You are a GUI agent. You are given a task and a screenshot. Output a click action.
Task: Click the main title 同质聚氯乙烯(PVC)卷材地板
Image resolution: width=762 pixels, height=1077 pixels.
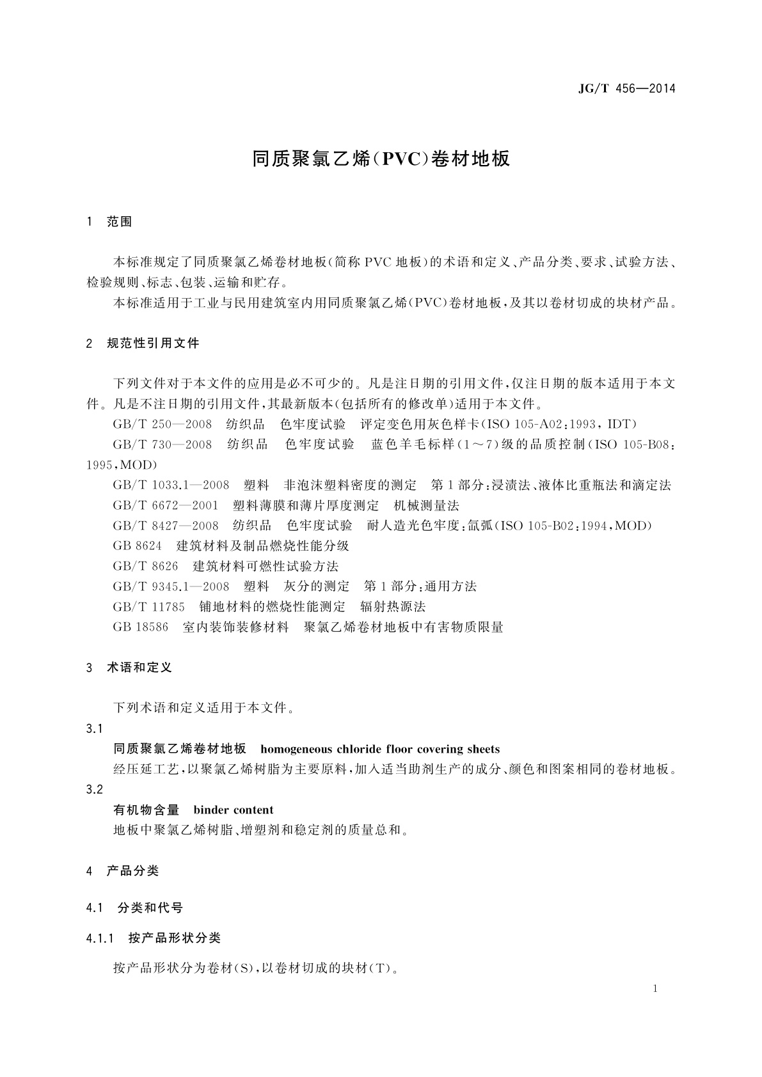381,159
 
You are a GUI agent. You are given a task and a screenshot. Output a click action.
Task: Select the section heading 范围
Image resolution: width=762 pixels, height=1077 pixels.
120,222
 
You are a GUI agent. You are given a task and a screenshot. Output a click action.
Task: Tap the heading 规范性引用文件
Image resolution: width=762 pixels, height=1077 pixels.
153,343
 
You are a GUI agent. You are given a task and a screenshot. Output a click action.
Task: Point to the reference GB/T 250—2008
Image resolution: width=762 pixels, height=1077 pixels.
162,425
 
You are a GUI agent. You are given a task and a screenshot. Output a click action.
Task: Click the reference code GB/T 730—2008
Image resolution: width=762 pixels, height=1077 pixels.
162,444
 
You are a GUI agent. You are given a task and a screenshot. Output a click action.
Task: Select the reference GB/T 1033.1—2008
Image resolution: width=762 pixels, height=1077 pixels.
171,485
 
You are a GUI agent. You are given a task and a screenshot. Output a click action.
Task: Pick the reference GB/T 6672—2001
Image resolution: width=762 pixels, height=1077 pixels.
165,506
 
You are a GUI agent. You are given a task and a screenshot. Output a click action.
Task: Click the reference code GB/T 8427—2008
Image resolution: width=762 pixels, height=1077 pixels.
165,526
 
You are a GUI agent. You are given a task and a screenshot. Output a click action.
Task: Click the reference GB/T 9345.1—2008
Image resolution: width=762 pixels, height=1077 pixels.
171,586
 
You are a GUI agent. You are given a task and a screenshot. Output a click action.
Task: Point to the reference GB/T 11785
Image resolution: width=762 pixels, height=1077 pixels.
148,607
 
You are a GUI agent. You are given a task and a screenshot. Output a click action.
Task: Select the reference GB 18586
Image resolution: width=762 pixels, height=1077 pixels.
140,627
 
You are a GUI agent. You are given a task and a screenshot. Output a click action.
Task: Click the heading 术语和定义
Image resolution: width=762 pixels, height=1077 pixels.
139,668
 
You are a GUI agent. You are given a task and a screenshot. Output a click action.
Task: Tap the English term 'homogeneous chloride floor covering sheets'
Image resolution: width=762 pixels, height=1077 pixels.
380,749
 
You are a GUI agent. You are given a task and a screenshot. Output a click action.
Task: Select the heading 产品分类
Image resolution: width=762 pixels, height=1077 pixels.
132,870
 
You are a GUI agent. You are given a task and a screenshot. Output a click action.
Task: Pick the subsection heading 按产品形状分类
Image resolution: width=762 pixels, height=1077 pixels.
174,938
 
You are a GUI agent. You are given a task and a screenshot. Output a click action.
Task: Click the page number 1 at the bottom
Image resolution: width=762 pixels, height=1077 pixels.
656,989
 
